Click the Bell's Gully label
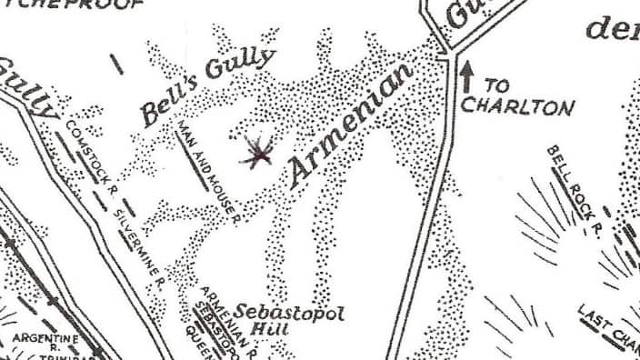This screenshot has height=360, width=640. [x=205, y=88]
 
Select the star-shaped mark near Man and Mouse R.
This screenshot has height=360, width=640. [x=257, y=154]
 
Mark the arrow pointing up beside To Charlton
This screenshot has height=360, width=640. [x=468, y=77]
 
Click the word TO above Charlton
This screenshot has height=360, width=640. [x=496, y=85]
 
